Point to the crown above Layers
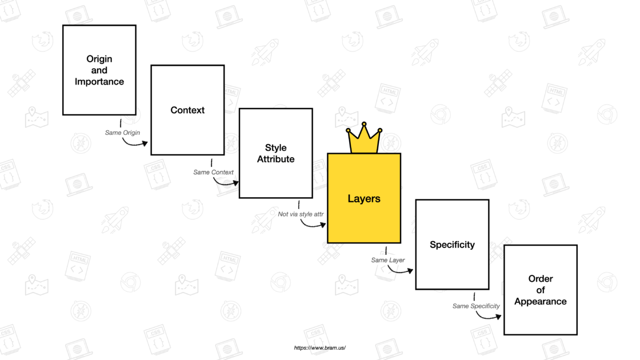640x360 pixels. point(364,139)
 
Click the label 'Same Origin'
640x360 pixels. point(122,133)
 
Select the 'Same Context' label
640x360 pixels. point(213,172)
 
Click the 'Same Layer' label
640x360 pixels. point(388,260)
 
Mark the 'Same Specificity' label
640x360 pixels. point(476,306)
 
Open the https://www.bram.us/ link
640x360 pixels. point(320,347)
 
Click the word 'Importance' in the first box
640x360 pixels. point(99,82)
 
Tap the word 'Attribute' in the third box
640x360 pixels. point(275,159)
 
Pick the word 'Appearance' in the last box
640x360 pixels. point(540,302)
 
